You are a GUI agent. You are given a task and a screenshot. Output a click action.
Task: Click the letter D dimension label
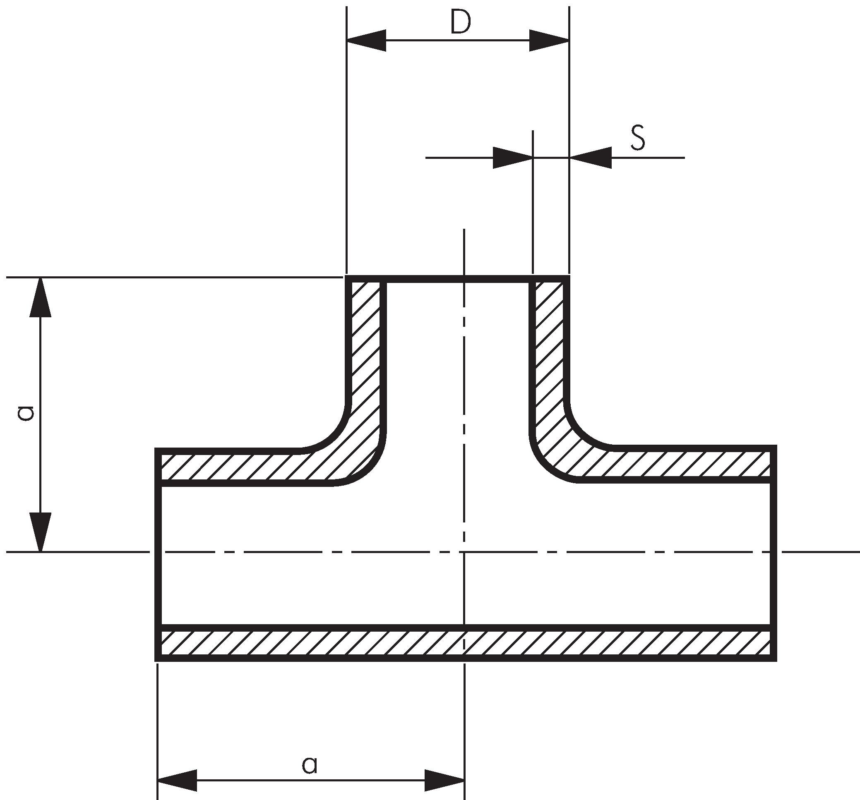coord(460,22)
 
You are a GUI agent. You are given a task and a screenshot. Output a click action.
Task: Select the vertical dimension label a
coord(26,413)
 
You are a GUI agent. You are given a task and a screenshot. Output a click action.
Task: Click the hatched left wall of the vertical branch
coord(366,346)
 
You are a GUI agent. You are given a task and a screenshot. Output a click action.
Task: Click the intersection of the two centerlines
coord(464,552)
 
